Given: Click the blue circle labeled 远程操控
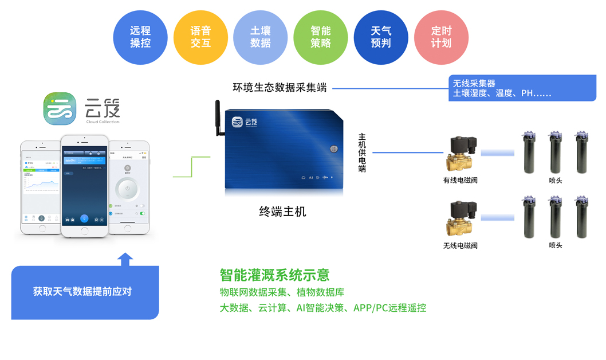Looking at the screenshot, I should [x=140, y=37].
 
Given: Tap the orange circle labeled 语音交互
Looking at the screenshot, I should [x=200, y=37].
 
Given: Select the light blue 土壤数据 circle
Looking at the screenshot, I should [x=261, y=37].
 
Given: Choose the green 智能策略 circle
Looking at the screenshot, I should [x=321, y=37].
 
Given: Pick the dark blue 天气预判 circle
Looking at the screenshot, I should [x=381, y=37].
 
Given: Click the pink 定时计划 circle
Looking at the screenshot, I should [x=441, y=37].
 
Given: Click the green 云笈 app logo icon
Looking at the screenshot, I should [x=60, y=109].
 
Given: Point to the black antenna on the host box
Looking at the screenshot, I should [x=218, y=118].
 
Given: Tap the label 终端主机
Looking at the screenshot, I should [x=282, y=212].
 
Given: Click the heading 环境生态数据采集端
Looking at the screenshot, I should [x=280, y=88].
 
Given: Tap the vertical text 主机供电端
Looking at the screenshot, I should [x=362, y=152].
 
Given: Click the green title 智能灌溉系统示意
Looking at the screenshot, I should [x=274, y=275].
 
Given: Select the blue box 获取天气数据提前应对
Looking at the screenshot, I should [x=85, y=292].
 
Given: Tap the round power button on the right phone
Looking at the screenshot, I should [x=127, y=189].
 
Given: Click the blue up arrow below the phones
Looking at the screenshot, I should [x=125, y=259].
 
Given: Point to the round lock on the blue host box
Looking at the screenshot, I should [x=333, y=149].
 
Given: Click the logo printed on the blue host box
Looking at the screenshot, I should [x=245, y=122].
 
